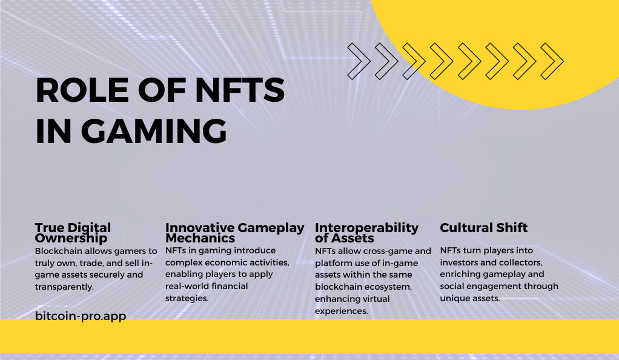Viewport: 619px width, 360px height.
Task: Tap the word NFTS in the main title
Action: point(240,90)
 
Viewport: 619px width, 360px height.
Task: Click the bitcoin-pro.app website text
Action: point(81,316)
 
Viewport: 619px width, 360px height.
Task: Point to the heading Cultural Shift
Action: point(483,228)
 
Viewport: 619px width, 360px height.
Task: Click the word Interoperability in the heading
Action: point(367,228)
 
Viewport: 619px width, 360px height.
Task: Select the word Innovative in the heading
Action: point(200,228)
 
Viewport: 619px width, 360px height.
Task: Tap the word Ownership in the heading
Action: point(71,238)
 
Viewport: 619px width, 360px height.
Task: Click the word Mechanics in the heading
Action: point(200,238)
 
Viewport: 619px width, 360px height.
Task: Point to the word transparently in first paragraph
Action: point(64,287)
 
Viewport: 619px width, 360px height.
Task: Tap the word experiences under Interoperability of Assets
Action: point(342,311)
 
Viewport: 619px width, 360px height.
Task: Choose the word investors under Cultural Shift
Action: point(458,262)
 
